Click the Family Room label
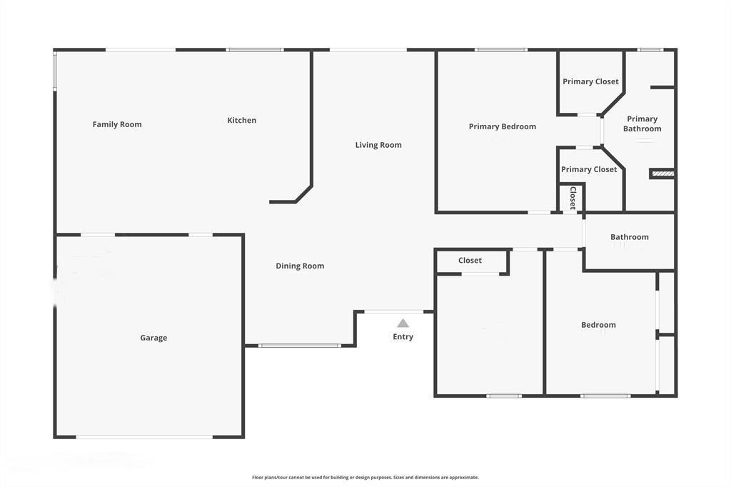(x=117, y=124)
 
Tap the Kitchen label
(x=241, y=121)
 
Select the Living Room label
(x=378, y=145)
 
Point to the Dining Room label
(x=300, y=266)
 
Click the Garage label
(x=153, y=338)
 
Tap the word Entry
(x=403, y=337)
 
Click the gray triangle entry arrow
(x=403, y=323)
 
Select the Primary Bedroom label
(x=502, y=126)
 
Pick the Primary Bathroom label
(x=642, y=124)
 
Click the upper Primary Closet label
(x=590, y=81)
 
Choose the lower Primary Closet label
(x=589, y=169)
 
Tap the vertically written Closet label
(x=573, y=198)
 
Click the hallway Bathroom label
(x=630, y=237)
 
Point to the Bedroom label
(x=598, y=325)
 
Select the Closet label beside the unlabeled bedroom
(x=470, y=261)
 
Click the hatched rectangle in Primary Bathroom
(x=662, y=174)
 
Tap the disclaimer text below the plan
(x=365, y=477)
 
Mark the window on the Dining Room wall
(x=300, y=346)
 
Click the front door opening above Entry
(x=394, y=311)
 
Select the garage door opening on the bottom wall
(x=144, y=437)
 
